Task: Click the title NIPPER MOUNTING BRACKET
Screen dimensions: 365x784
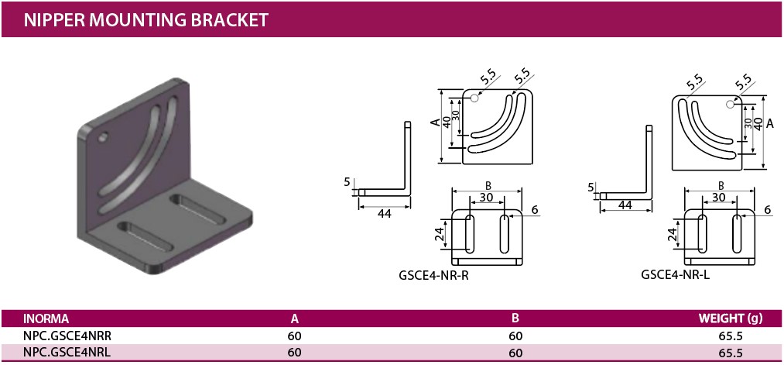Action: coord(146,19)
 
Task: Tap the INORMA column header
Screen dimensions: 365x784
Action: coord(46,319)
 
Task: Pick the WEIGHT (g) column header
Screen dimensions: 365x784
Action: coord(731,319)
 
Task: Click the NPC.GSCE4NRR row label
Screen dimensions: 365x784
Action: coord(63,336)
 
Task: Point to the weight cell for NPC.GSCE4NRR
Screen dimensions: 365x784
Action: coord(731,336)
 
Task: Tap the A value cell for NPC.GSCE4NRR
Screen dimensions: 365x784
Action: coord(294,336)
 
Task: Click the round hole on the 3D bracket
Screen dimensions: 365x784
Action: coord(103,139)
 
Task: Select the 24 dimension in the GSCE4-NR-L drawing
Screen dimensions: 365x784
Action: coord(672,232)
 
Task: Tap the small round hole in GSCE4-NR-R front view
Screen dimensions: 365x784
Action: coord(474,98)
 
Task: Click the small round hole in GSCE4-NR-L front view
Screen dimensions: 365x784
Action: coord(730,105)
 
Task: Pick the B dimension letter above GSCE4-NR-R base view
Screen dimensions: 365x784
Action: coord(488,185)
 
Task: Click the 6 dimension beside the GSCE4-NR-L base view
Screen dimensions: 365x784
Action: coord(767,209)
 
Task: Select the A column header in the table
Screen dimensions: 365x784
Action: coord(294,319)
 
